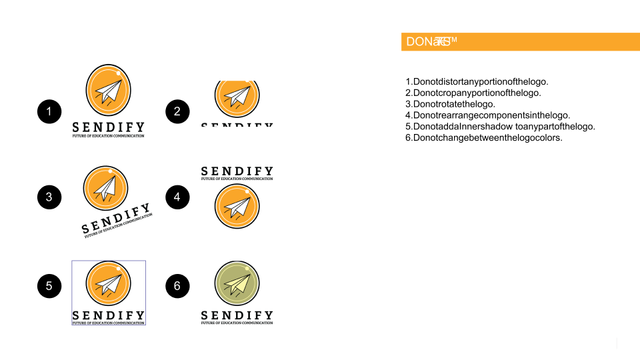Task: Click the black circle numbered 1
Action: (49, 112)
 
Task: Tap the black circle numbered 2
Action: (177, 112)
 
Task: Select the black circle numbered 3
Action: (49, 197)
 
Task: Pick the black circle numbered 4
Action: (177, 197)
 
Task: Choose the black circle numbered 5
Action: (49, 287)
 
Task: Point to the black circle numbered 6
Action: (177, 287)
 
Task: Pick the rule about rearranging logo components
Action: (487, 115)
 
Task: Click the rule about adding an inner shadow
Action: (500, 127)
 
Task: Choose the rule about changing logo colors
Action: (484, 138)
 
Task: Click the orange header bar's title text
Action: (431, 42)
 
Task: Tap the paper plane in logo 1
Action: (109, 91)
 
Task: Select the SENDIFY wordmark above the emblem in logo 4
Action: (237, 171)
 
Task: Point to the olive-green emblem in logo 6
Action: (237, 283)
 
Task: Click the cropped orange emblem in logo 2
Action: (237, 97)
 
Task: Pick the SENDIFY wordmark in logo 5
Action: (109, 315)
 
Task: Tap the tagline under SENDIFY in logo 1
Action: (109, 136)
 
